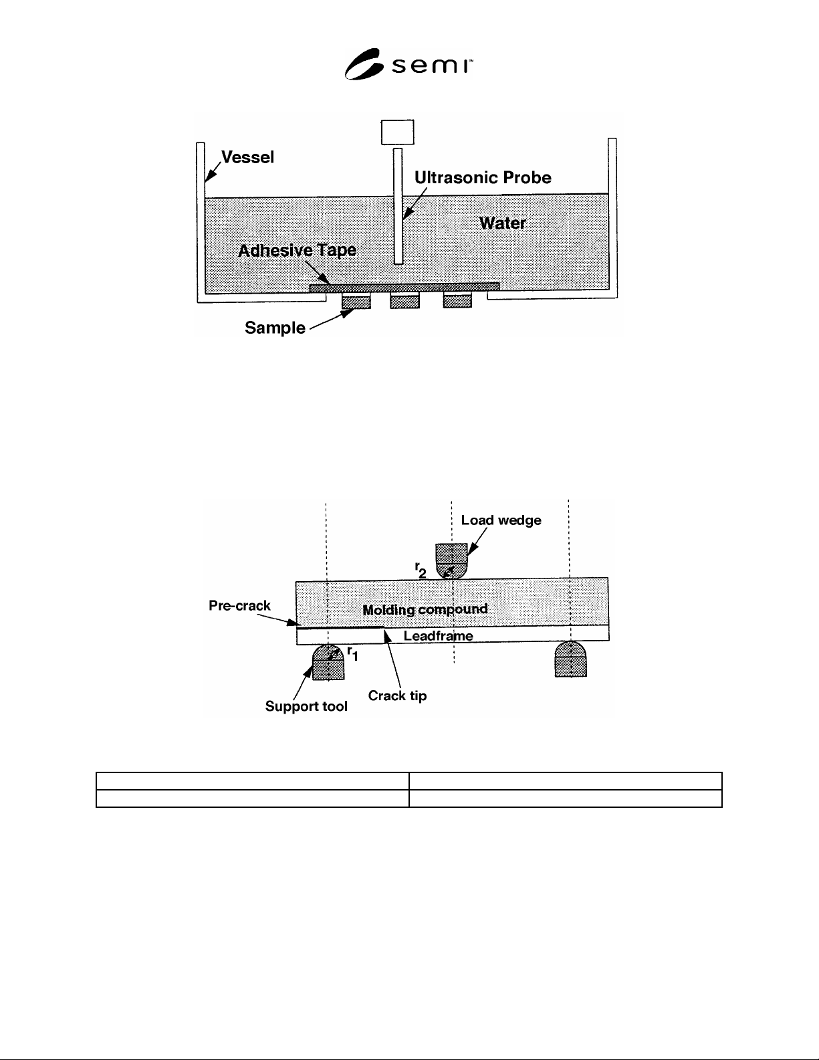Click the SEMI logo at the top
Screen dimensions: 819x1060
pos(408,64)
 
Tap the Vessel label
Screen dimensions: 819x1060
pos(247,157)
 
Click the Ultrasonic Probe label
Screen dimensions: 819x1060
pos(483,178)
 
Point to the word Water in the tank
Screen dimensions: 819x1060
pos(503,223)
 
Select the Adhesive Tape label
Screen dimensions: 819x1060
pos(297,250)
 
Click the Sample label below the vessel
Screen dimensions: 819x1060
pos(275,328)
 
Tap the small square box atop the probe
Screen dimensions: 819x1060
pos(397,132)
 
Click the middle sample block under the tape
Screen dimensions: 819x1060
pos(404,300)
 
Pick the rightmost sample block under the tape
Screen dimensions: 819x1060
pos(457,300)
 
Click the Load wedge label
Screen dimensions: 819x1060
pos(501,520)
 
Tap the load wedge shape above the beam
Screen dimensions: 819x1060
pos(451,561)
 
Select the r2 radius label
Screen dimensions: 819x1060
pos(421,570)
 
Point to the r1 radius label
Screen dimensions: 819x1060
pos(352,653)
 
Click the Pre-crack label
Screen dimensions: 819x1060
pos(239,605)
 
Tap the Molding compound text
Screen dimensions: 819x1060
pos(425,610)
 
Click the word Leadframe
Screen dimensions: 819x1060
pos(439,635)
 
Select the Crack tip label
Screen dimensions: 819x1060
pos(397,696)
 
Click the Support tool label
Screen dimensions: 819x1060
pos(306,706)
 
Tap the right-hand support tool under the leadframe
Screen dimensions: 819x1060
pos(570,659)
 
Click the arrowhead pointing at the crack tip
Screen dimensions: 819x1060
pos(387,636)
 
